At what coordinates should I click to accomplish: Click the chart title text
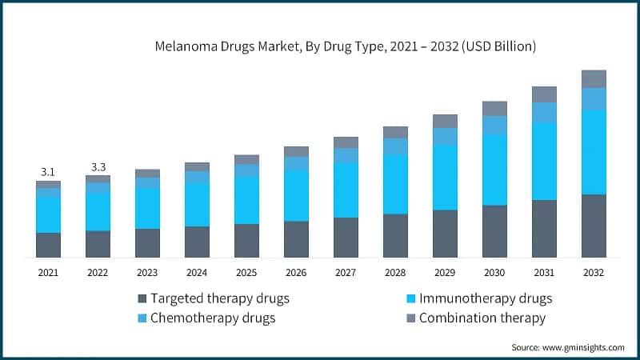[345, 47]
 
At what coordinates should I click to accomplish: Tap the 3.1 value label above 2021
[48, 172]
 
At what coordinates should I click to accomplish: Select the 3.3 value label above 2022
[98, 167]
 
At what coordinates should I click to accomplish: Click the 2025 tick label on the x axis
[246, 273]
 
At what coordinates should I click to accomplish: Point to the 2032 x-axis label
[593, 273]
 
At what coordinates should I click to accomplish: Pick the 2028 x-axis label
[395, 273]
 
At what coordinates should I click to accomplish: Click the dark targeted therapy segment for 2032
[593, 226]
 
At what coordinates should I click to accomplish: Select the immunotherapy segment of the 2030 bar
[494, 170]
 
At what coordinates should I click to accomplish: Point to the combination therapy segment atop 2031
[544, 94]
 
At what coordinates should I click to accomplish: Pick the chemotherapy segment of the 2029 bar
[445, 137]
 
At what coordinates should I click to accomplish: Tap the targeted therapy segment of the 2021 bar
[48, 245]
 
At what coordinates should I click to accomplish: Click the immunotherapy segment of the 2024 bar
[197, 204]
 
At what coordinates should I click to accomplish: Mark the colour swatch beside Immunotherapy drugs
[411, 299]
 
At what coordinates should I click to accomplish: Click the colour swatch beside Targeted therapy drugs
[143, 299]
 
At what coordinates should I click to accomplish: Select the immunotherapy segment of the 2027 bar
[346, 190]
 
